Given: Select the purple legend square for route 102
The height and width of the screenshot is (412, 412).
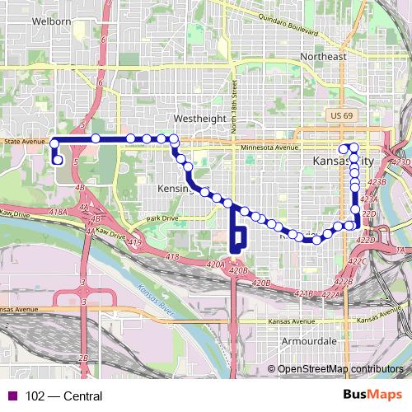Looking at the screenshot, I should [10, 396].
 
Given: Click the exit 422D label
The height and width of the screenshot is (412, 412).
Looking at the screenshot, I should [368, 213].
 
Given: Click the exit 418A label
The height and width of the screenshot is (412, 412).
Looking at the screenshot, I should [58, 213].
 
